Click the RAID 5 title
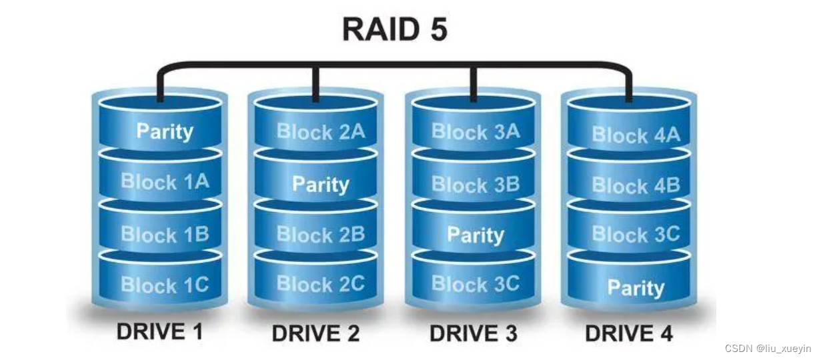(x=394, y=29)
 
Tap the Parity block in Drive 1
(x=164, y=131)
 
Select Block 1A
(x=164, y=182)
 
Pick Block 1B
(x=164, y=235)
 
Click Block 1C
(x=164, y=285)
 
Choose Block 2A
(x=321, y=131)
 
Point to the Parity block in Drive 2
(x=321, y=184)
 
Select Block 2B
(x=321, y=235)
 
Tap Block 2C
(x=321, y=284)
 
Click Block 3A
(x=476, y=131)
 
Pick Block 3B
(x=476, y=184)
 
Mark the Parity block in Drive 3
(x=476, y=235)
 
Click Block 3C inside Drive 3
(x=476, y=284)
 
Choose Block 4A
(x=636, y=135)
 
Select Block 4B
(x=636, y=185)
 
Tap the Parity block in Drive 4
(x=636, y=288)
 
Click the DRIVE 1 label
(x=159, y=331)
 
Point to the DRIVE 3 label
(x=474, y=333)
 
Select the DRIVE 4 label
(x=629, y=333)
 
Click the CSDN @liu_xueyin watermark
(x=768, y=348)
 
